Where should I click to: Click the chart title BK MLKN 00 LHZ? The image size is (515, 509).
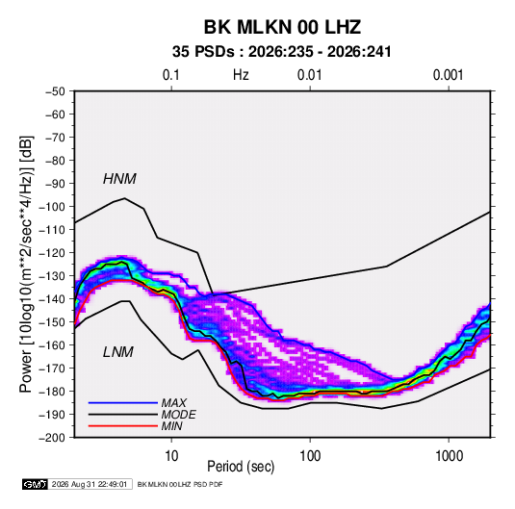[282, 27]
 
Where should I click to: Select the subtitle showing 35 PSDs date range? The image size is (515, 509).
[282, 52]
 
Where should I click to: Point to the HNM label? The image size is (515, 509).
[119, 179]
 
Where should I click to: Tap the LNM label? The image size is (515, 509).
[118, 352]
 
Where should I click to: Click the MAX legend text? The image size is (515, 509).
[173, 403]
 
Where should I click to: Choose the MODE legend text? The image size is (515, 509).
[178, 415]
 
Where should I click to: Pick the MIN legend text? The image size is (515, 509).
[171, 426]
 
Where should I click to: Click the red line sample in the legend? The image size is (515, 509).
[123, 426]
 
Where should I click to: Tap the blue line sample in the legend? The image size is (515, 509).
[123, 403]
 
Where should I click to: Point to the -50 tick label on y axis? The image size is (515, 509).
[55, 91]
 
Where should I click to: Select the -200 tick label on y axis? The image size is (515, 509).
[52, 438]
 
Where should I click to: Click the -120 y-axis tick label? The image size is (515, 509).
[52, 253]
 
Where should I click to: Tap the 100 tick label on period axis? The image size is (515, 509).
[310, 456]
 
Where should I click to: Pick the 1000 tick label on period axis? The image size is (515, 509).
[449, 456]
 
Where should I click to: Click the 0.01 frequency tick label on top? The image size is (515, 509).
[309, 75]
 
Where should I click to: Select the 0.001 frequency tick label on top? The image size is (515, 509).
[448, 75]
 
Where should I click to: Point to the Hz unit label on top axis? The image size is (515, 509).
[241, 75]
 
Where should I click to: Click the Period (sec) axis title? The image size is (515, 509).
[241, 467]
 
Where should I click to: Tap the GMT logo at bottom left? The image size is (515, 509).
[36, 484]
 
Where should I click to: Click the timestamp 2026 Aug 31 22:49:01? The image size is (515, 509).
[90, 484]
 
